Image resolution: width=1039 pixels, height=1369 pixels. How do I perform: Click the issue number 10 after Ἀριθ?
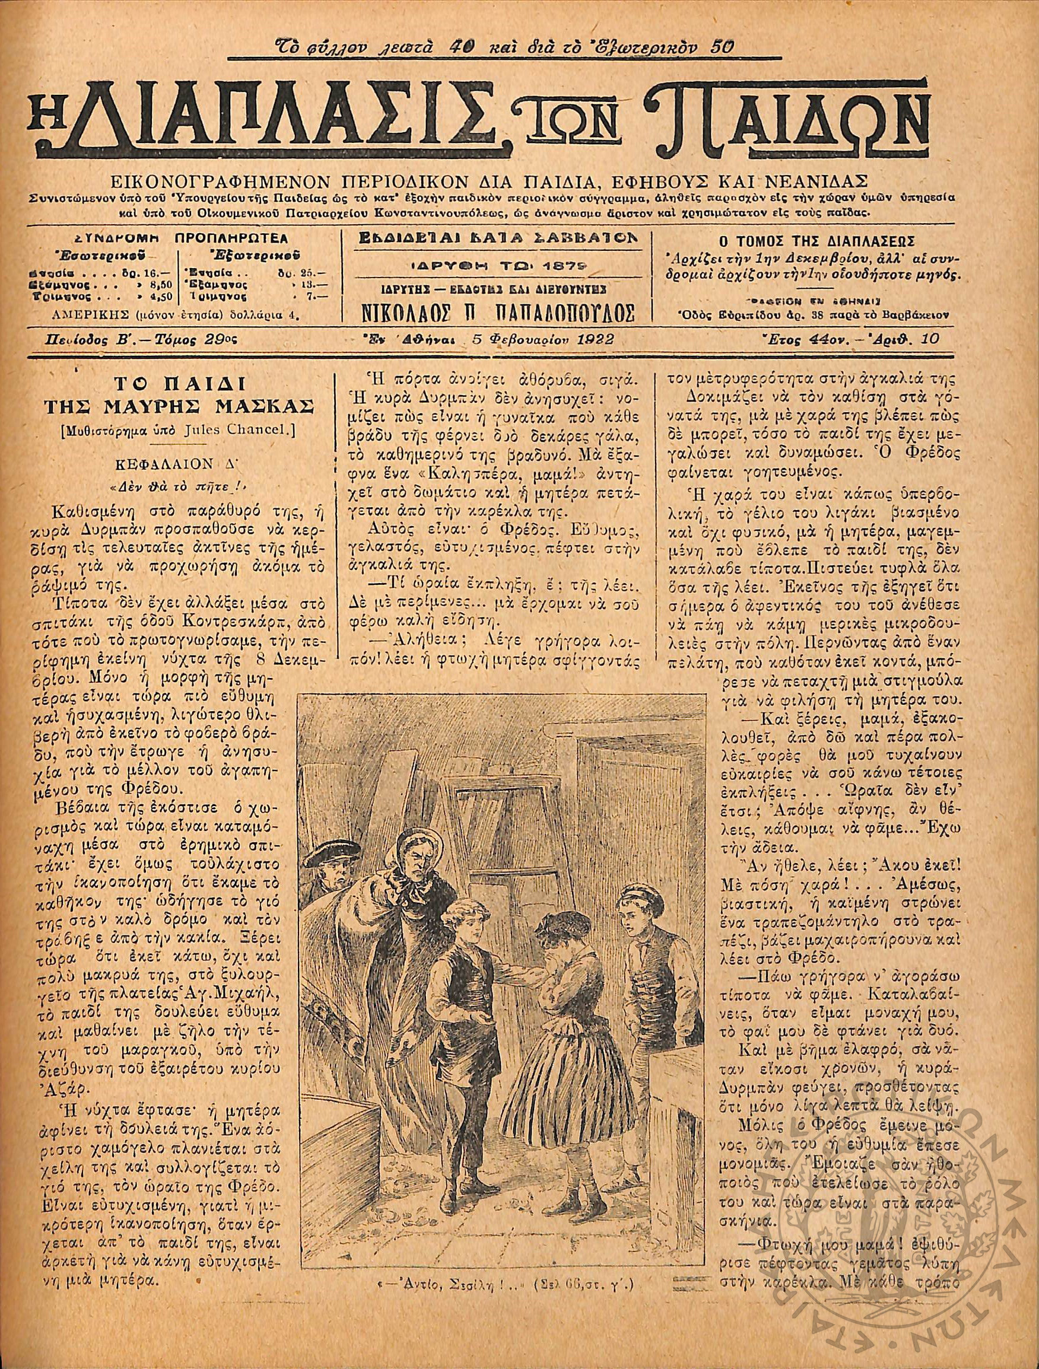(929, 339)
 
